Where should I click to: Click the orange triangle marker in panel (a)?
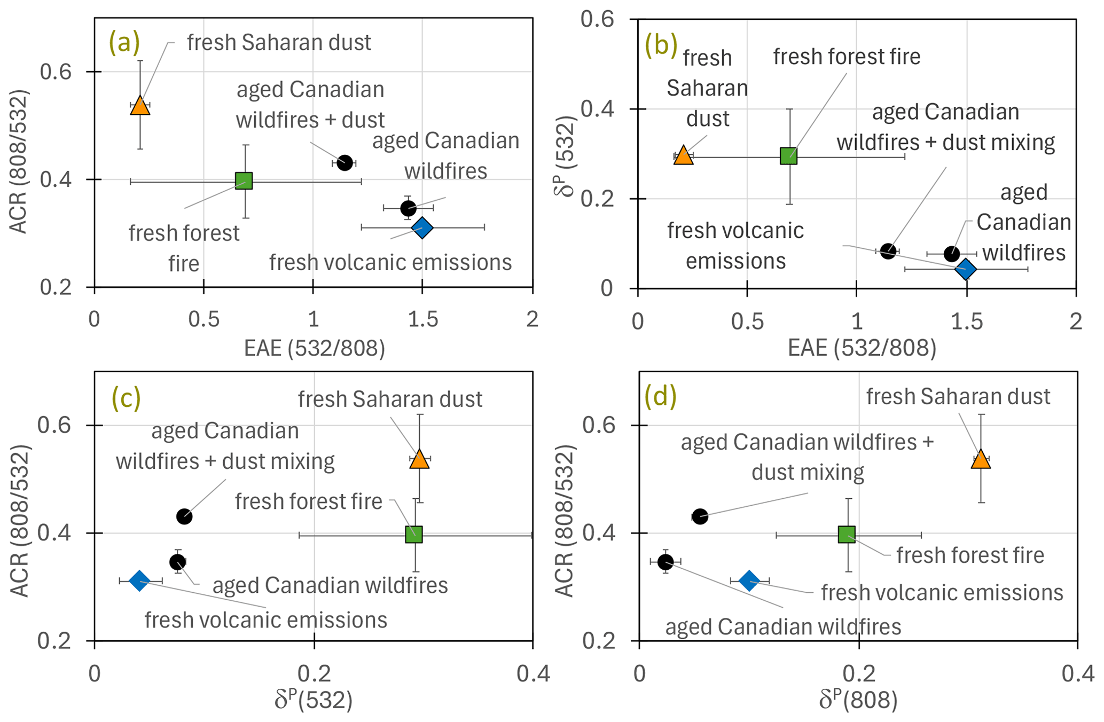click(140, 106)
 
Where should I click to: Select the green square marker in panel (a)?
click(244, 181)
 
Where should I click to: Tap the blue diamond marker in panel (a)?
click(422, 228)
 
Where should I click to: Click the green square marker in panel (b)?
click(789, 156)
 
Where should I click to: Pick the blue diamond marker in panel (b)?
click(966, 269)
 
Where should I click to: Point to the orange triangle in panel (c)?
click(419, 459)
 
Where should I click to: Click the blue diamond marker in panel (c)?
click(139, 580)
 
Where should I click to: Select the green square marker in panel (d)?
click(847, 534)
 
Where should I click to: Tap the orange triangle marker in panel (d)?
click(981, 459)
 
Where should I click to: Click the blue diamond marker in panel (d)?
click(749, 580)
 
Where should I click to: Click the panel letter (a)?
click(124, 43)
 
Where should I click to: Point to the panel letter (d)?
click(661, 396)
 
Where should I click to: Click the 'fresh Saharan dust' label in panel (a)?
click(279, 43)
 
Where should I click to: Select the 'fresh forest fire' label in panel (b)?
click(847, 57)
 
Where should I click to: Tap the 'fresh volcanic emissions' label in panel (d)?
click(942, 593)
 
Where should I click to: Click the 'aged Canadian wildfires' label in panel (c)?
click(330, 585)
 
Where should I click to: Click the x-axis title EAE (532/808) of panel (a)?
click(314, 348)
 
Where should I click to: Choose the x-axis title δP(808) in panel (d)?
click(858, 701)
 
